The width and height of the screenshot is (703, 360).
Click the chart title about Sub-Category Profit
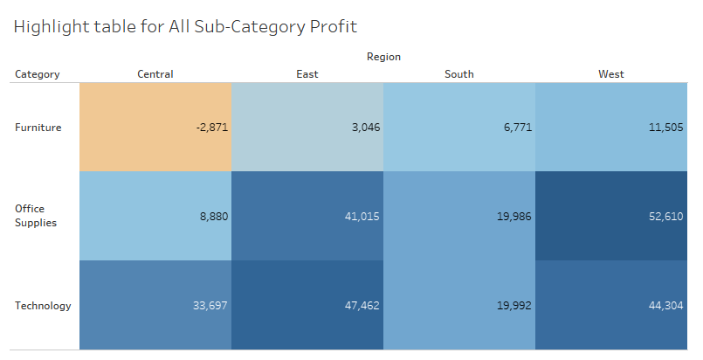pyautogui.click(x=185, y=26)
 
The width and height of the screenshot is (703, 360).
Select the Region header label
pyautogui.click(x=383, y=57)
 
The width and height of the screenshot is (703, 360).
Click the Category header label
pyautogui.click(x=38, y=74)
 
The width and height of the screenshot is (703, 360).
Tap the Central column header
pyautogui.click(x=155, y=74)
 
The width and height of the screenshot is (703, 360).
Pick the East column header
pyautogui.click(x=307, y=74)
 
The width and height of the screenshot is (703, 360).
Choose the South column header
pyautogui.click(x=459, y=74)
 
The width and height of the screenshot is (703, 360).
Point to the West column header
pyautogui.click(x=611, y=74)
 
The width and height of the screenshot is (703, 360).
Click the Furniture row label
pyautogui.click(x=38, y=128)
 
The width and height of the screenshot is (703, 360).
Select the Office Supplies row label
pyautogui.click(x=36, y=216)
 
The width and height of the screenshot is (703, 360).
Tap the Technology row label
pyautogui.click(x=43, y=306)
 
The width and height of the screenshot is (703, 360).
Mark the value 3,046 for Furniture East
pyautogui.click(x=364, y=128)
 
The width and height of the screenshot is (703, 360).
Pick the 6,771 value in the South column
pyautogui.click(x=516, y=128)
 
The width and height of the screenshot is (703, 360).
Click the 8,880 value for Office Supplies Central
pyautogui.click(x=213, y=216)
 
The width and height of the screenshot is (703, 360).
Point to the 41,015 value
pyautogui.click(x=362, y=216)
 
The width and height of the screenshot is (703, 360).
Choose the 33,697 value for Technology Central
pyautogui.click(x=210, y=306)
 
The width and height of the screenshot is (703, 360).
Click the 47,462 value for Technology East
pyautogui.click(x=362, y=306)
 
